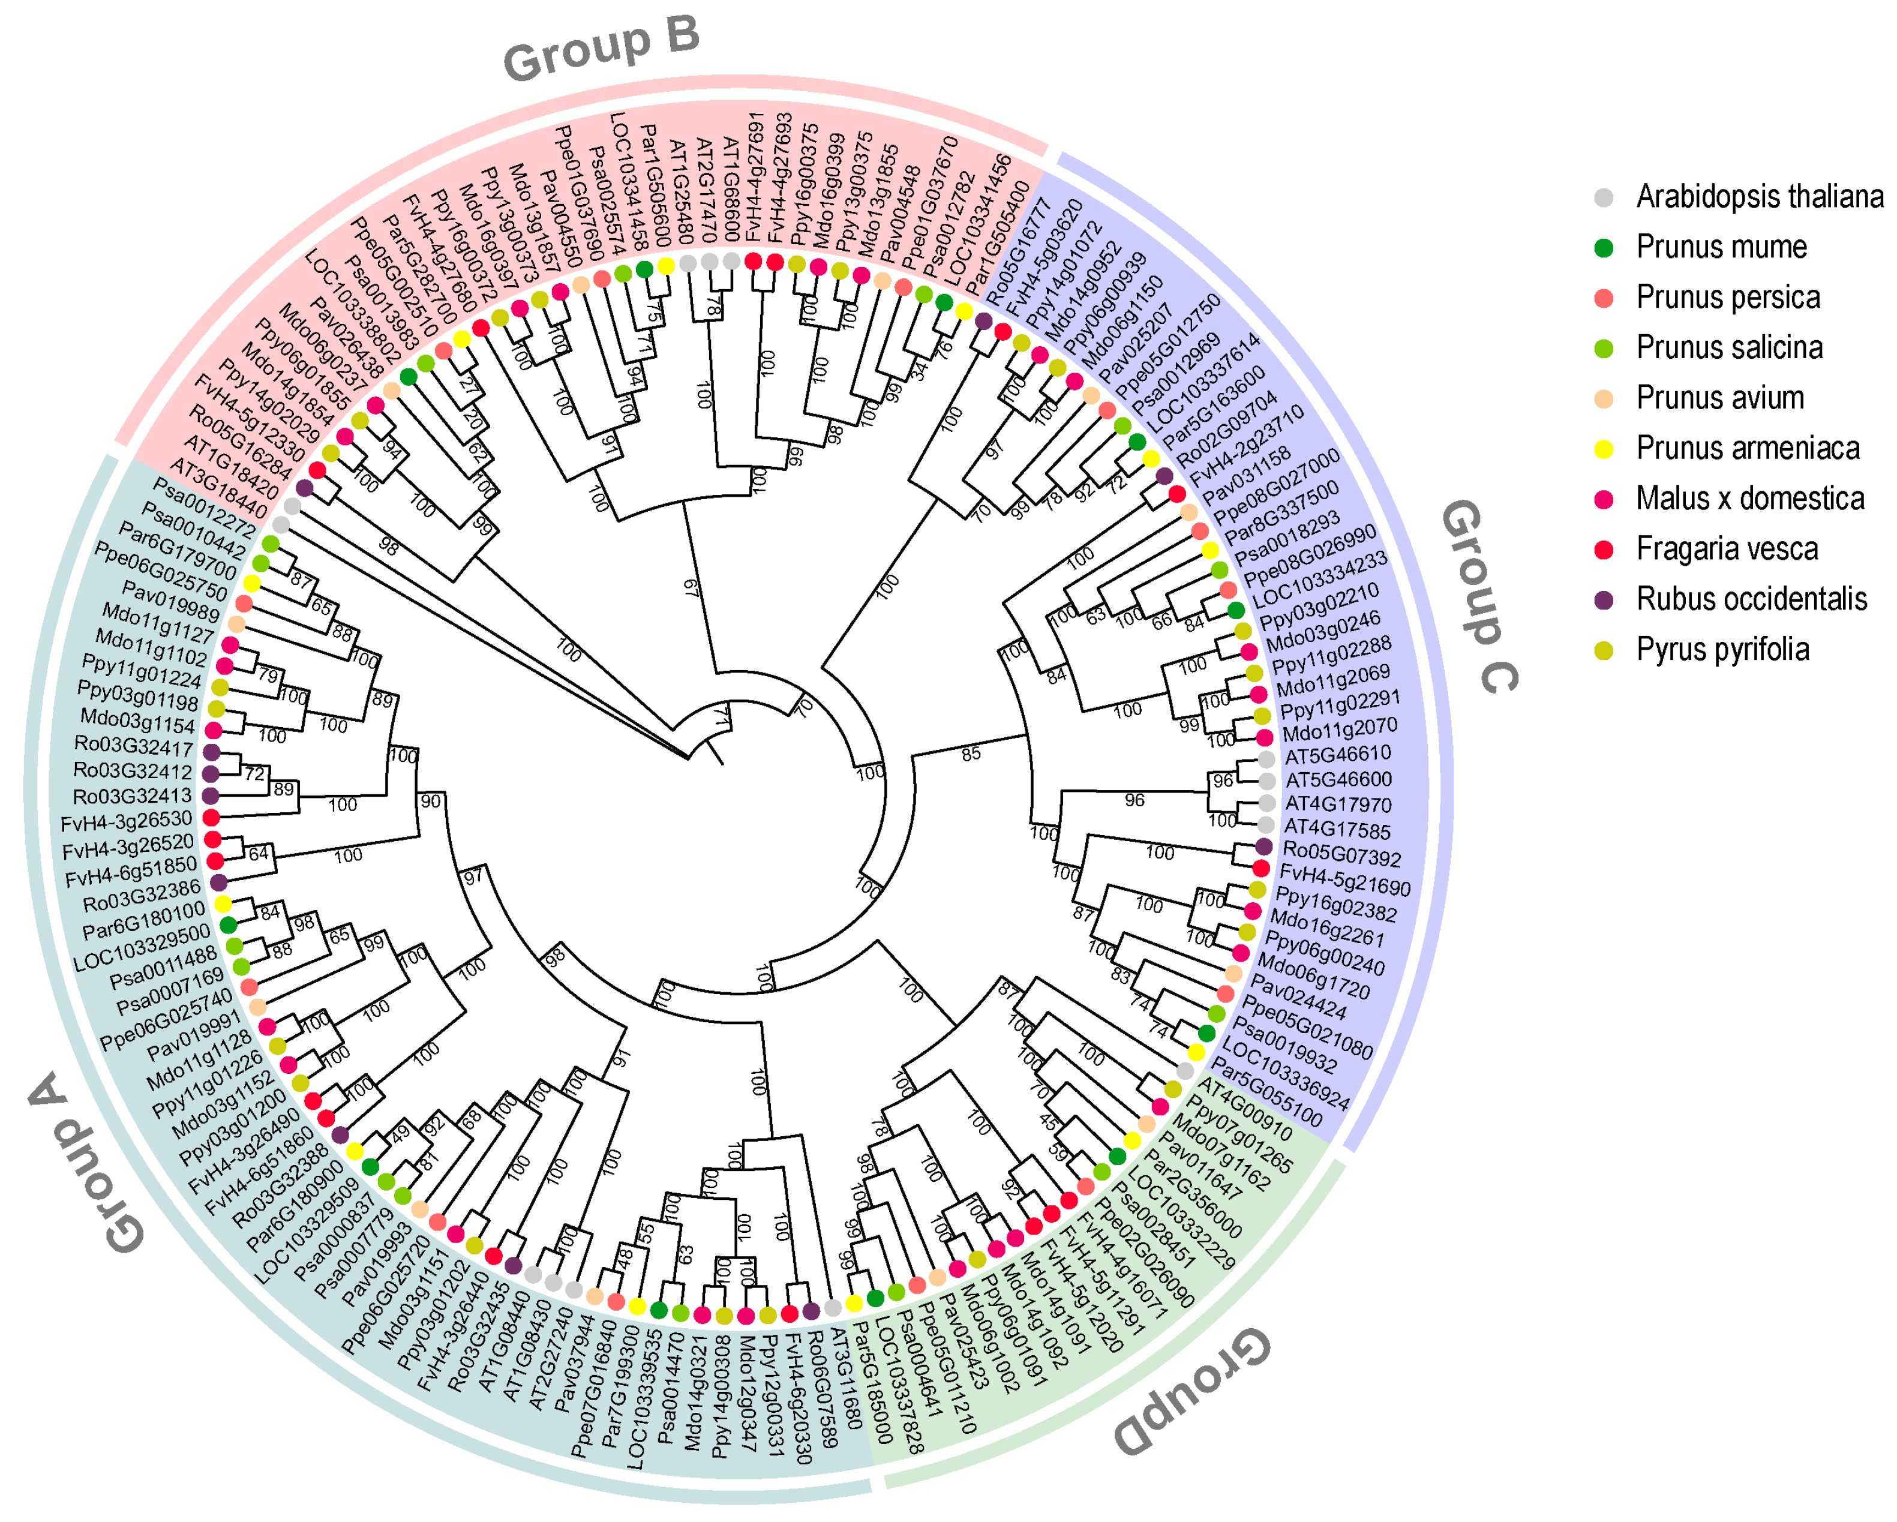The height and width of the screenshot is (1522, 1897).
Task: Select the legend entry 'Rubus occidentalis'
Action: tap(1751, 599)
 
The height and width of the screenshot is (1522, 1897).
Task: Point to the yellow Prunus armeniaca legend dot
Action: tap(1604, 449)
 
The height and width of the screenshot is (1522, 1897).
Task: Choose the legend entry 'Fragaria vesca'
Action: tap(1726, 549)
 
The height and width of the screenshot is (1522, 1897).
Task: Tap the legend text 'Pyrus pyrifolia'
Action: tap(1722, 649)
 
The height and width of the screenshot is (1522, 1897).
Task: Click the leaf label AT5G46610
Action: tap(1337, 755)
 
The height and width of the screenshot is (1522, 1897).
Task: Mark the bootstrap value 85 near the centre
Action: tap(971, 754)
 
